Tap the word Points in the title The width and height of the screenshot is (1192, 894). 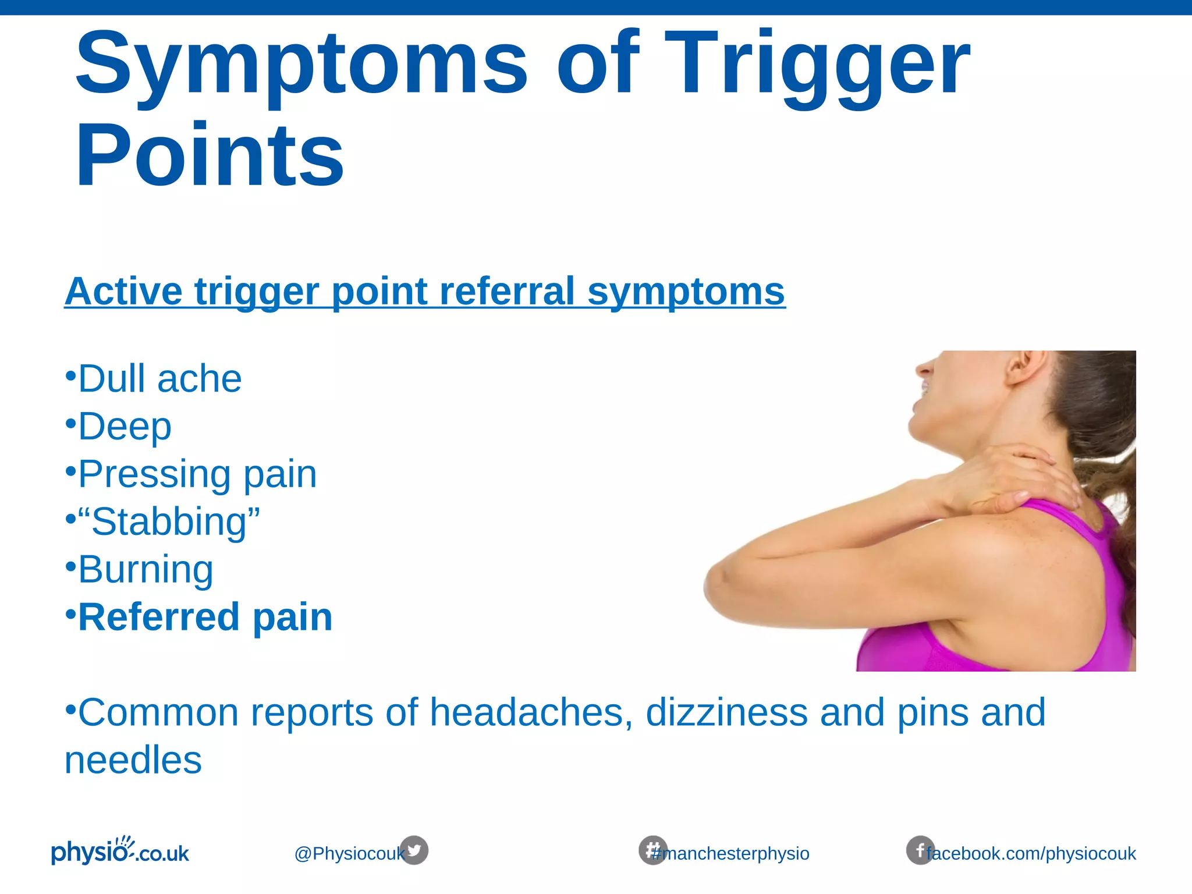(210, 156)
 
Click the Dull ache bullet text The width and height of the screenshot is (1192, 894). (159, 379)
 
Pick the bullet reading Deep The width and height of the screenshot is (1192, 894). (125, 427)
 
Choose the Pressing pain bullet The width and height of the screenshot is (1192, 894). (197, 474)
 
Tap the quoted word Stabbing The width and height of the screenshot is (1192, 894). (169, 521)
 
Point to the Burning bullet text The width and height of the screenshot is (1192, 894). (146, 569)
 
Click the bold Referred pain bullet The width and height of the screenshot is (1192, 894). (205, 617)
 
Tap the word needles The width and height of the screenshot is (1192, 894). (133, 760)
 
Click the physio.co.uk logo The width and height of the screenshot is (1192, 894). (120, 851)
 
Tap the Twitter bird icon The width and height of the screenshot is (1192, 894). (414, 850)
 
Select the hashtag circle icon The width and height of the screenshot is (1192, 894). (652, 850)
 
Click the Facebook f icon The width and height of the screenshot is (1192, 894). (920, 850)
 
